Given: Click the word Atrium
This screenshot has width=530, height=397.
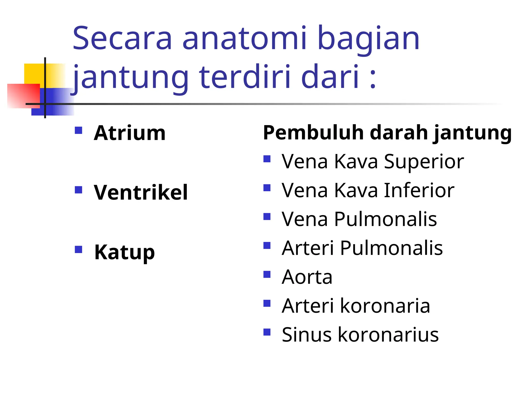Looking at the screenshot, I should pos(129,133).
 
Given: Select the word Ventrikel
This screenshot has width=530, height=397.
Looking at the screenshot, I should pos(141,193).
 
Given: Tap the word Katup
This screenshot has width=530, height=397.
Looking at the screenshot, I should pos(124,252).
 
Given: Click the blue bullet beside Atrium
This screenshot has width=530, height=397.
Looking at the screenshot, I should pos(78,130).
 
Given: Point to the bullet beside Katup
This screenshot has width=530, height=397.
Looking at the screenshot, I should pos(78,249).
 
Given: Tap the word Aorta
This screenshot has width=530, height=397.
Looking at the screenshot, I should pos(307,277).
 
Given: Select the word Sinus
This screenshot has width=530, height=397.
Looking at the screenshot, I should pos(306,335).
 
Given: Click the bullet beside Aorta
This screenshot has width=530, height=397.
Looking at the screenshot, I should pos(267,274).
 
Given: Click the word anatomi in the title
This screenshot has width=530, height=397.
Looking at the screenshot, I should pos(245,39).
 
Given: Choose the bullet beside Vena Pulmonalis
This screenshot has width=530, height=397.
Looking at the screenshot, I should pos(267,216).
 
